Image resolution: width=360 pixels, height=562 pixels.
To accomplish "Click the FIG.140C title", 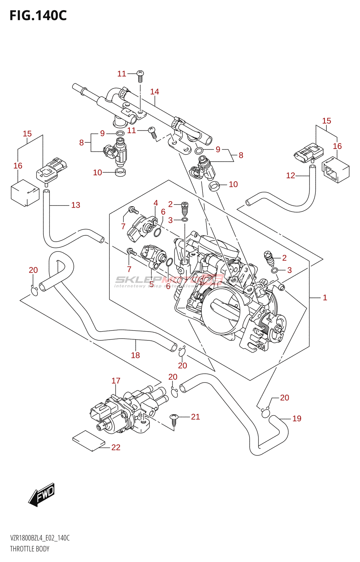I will point(38,15).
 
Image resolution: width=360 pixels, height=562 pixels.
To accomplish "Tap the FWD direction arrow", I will point(42,495).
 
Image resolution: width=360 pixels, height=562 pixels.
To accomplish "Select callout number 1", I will point(325,298).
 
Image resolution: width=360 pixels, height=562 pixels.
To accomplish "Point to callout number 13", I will point(76,205).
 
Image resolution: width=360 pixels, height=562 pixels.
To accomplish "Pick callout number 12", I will point(290,176).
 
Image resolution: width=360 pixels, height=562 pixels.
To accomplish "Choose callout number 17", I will point(116,381).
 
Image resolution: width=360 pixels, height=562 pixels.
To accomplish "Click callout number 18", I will point(135,355).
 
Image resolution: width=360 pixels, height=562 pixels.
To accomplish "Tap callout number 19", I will point(297,419).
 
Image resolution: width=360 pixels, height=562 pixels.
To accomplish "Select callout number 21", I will point(195,417).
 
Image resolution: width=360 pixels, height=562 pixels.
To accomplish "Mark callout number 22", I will point(116,447).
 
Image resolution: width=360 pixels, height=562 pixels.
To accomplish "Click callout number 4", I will point(156,203).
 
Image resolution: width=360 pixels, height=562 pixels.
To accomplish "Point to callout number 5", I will point(152,283).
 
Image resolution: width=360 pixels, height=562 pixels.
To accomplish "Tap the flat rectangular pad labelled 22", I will point(88,440).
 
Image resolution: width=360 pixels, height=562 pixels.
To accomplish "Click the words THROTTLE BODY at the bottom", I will point(30,549).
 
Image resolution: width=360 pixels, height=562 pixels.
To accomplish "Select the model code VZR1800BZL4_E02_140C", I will point(40,538).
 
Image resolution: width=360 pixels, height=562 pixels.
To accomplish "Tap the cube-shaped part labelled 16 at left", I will point(25,193).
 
